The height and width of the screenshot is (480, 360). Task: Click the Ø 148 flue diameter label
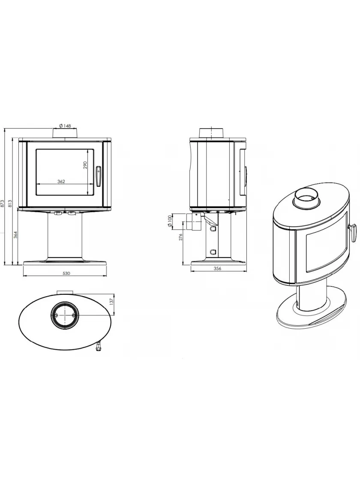[x=65, y=126]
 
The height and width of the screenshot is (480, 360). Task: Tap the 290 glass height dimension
[x=85, y=165]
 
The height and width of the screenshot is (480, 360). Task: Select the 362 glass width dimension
[x=61, y=181]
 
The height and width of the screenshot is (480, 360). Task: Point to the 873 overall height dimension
[x=2, y=203]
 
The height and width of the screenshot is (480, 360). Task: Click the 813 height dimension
[x=10, y=203]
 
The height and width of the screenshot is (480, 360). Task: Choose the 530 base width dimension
[x=66, y=273]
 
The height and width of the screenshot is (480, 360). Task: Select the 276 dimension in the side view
[x=180, y=237]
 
